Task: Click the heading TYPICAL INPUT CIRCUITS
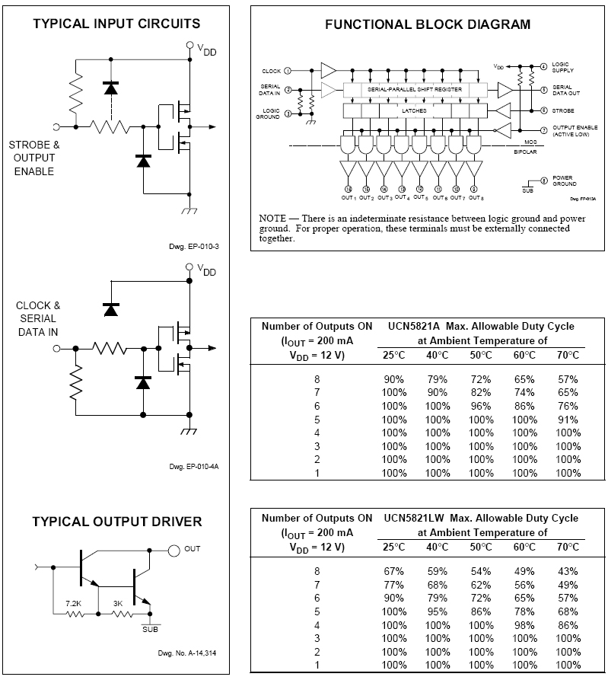[116, 24]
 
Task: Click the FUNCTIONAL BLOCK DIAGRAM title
[428, 24]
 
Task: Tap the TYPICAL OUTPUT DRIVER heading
[116, 522]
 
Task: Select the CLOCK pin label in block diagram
[271, 71]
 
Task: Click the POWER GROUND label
[563, 180]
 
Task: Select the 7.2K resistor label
[74, 602]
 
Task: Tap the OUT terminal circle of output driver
[174, 549]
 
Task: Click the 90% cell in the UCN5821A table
[394, 378]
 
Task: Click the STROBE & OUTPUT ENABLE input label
[34, 158]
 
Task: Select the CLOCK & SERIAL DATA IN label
[38, 318]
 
